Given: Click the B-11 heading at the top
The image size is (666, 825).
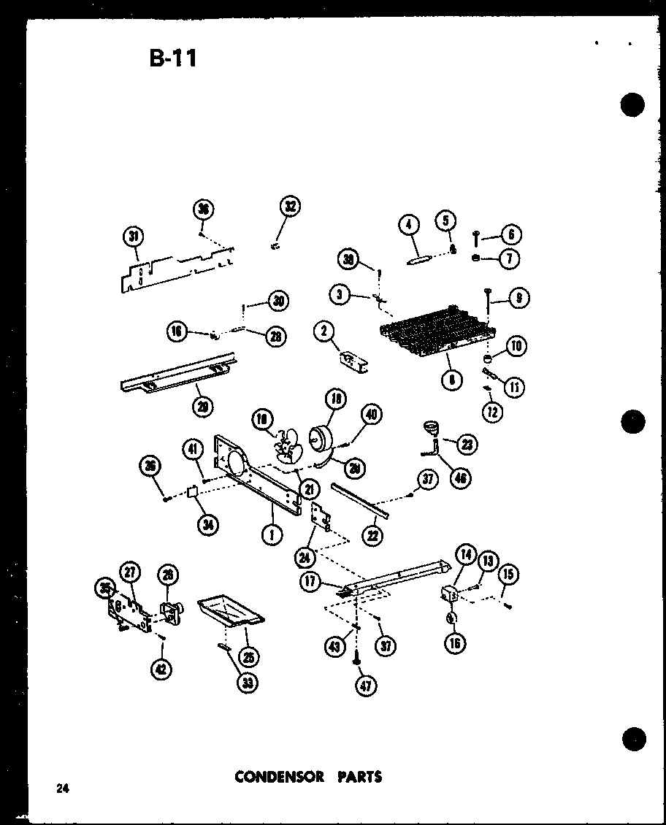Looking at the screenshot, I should [173, 58].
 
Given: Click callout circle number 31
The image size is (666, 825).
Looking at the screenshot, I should [133, 236].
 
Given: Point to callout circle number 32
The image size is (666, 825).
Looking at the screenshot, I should [291, 207].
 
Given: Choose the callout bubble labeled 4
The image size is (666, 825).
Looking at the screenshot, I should [410, 223].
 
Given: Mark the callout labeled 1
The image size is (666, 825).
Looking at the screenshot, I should [272, 535].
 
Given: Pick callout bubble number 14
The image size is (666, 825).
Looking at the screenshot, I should [466, 555].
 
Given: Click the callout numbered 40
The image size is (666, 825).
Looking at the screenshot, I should [371, 415].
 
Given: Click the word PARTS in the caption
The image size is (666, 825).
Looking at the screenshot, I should [359, 776].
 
